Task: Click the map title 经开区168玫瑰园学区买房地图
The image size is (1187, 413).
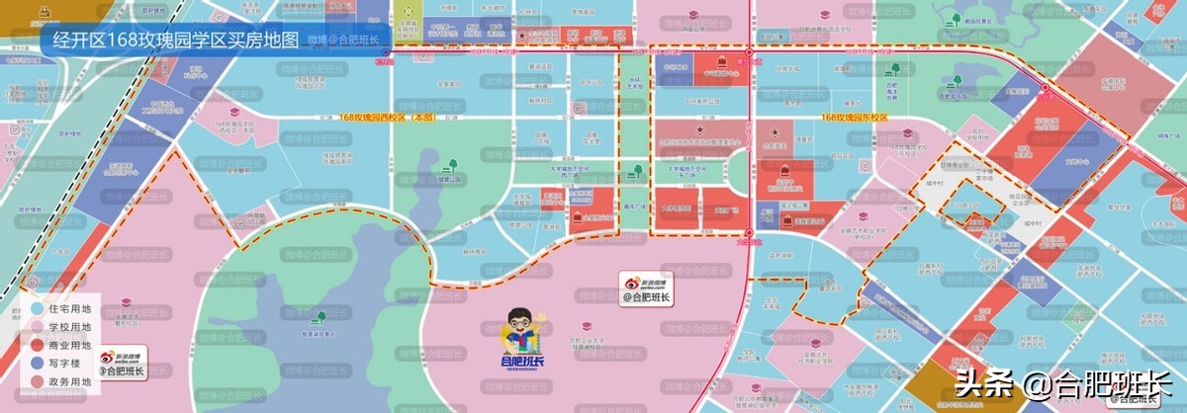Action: coord(174,40)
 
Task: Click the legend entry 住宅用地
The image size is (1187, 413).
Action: coord(68,309)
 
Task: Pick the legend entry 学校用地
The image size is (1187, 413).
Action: coord(68,327)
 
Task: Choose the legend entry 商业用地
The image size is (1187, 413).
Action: coord(68,345)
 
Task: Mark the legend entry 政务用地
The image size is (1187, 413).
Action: coord(68,380)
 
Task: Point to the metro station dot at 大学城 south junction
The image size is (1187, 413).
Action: coord(749,233)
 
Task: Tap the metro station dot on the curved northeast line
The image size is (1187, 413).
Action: coord(1046,88)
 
